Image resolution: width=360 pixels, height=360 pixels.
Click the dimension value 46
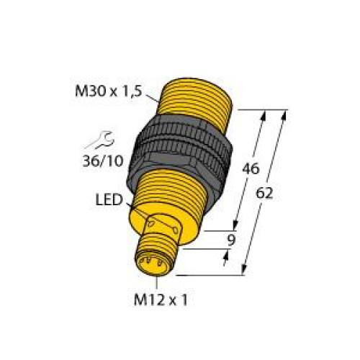[x=250, y=170]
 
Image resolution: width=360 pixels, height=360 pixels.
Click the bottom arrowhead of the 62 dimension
[x=246, y=272]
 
